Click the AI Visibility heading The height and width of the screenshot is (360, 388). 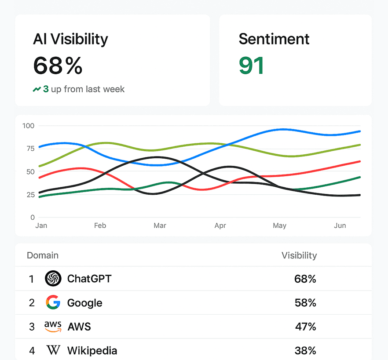point(70,39)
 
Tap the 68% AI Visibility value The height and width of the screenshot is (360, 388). point(58,65)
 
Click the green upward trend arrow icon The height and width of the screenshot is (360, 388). point(37,90)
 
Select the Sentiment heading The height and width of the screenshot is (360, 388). point(274,39)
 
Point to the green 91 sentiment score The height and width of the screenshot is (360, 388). point(252,65)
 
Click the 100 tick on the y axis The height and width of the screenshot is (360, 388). point(28,126)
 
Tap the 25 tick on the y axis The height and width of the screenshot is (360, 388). point(30,194)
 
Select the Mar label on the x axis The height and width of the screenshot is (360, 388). point(160,225)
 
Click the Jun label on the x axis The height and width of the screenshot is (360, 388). point(340,225)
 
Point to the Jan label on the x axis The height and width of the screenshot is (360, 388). point(41,225)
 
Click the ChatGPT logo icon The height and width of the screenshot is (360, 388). point(53,279)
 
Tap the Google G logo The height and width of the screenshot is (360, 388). point(53,302)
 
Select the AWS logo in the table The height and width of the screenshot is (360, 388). point(53,327)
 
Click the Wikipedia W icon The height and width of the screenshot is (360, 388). point(53,350)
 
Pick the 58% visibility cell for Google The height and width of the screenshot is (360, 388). point(305,303)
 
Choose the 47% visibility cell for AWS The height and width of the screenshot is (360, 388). point(305,327)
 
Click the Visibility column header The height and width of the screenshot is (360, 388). point(299,255)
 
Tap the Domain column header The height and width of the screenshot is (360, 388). point(43,255)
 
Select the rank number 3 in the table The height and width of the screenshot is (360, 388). point(32,327)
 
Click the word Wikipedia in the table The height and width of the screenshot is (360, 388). point(92,350)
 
